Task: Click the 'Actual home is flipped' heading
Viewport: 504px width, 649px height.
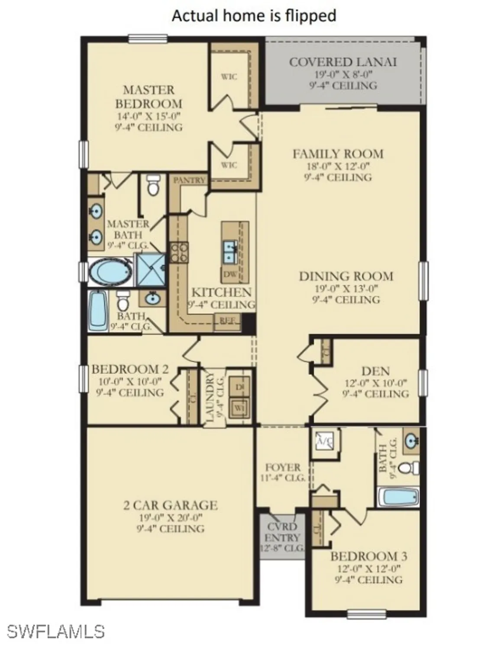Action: coord(254,16)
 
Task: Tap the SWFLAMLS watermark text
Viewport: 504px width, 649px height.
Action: coord(56,631)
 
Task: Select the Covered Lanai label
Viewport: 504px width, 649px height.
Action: coord(342,62)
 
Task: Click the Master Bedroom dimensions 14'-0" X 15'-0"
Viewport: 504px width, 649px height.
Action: coord(149,116)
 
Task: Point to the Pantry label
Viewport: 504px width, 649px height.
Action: coord(189,180)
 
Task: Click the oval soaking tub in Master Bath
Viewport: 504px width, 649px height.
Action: coord(110,273)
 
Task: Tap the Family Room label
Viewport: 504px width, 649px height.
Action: coord(338,154)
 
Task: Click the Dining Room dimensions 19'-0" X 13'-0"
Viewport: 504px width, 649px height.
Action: coord(346,288)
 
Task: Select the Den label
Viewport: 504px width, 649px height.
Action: coord(375,371)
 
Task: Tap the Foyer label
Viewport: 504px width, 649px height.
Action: coord(283,467)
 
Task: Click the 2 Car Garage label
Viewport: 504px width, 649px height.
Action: coord(170,505)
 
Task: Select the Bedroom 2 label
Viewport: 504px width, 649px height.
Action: coord(130,369)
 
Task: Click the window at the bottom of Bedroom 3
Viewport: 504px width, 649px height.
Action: coord(367,613)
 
